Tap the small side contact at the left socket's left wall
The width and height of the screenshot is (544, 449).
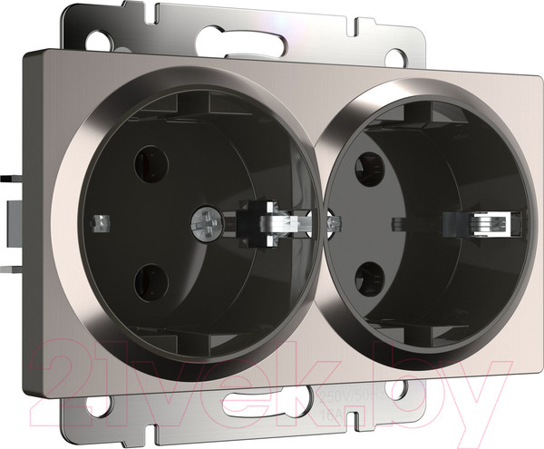pos(102,220)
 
